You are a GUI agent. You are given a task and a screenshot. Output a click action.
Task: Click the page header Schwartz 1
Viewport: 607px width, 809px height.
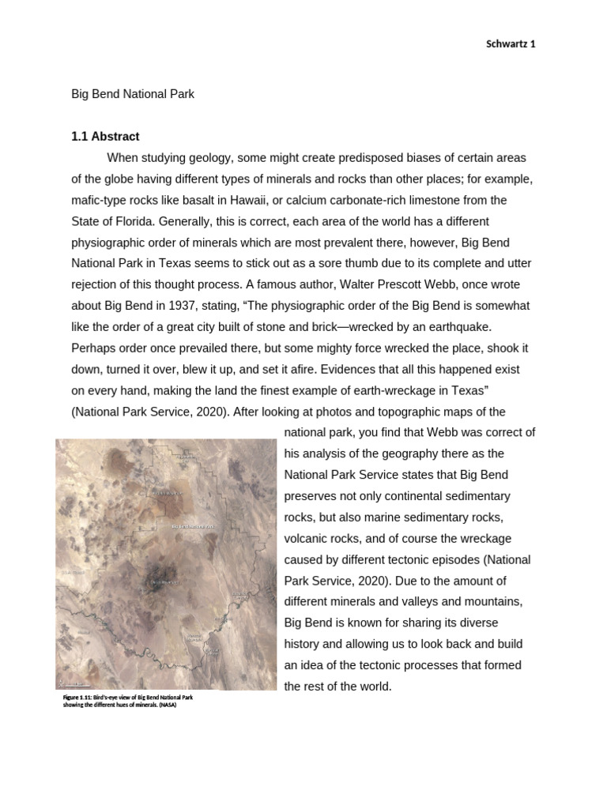[510, 44]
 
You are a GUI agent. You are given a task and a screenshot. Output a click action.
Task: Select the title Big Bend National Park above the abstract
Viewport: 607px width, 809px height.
[133, 94]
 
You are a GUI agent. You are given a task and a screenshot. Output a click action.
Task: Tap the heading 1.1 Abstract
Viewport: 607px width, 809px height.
[105, 137]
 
